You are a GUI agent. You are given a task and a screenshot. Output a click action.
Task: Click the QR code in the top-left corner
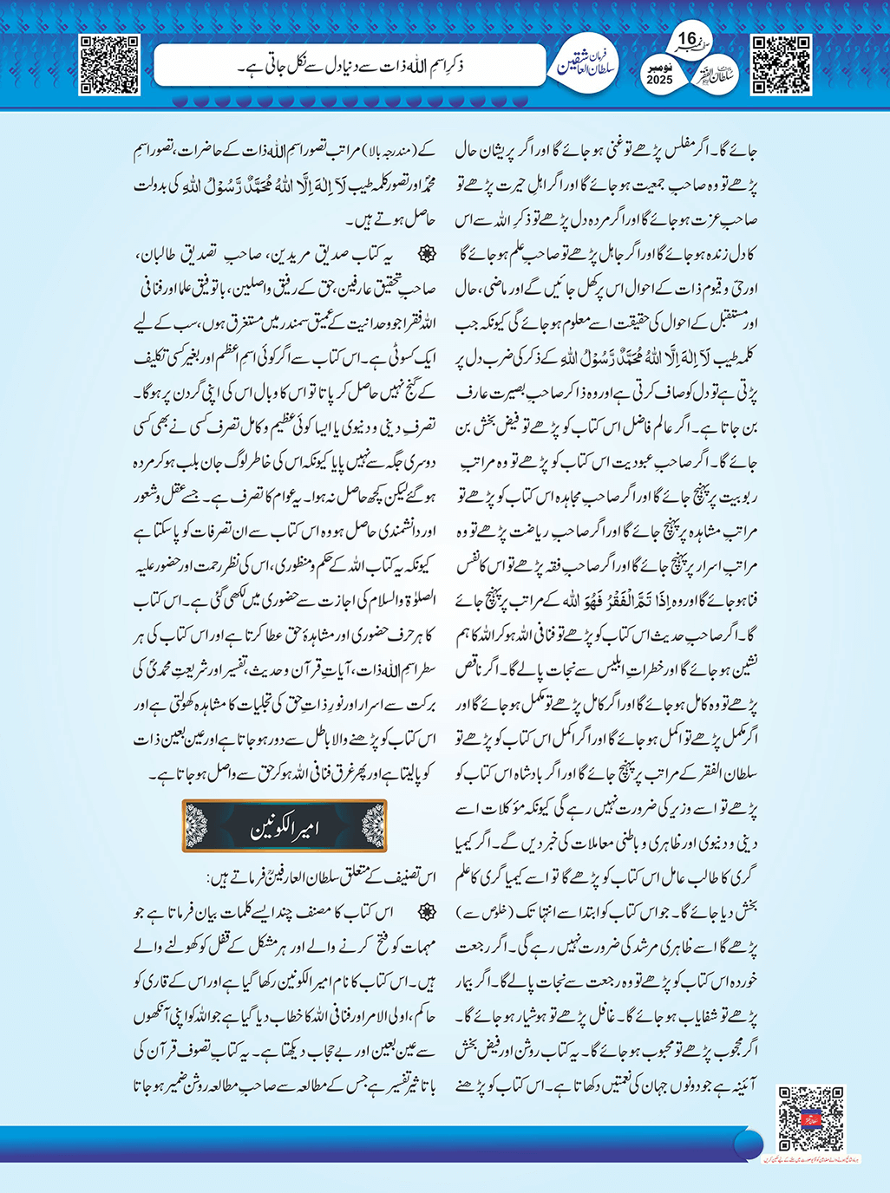click(108, 64)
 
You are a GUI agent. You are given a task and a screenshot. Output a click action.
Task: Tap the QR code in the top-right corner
click(781, 64)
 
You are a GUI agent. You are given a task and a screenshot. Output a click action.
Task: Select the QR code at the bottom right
click(810, 1118)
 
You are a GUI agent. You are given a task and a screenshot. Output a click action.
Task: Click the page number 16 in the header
click(686, 40)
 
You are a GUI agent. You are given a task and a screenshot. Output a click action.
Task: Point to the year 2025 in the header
click(659, 80)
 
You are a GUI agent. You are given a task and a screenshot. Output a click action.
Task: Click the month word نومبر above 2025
click(659, 66)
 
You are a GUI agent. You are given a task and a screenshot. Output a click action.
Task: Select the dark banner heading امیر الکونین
click(285, 826)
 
